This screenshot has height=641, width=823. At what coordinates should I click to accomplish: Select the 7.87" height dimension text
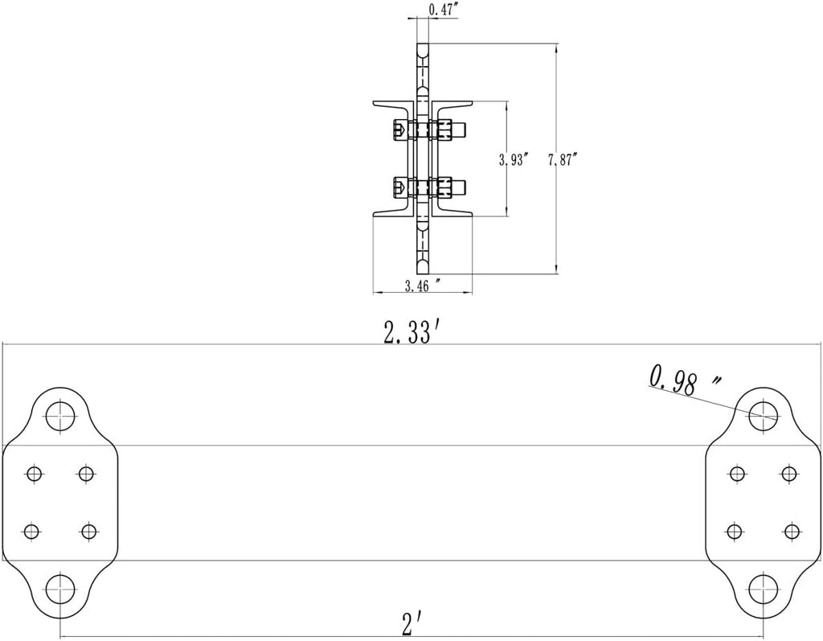563,160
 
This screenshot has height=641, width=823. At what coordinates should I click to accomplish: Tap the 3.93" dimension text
514,160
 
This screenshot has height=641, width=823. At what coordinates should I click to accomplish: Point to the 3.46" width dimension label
422,286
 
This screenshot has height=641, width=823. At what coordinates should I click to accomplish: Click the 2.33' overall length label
407,333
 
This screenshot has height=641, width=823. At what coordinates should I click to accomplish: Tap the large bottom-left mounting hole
61,590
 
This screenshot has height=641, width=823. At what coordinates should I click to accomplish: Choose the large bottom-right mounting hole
763,590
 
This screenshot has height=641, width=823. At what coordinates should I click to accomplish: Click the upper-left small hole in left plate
35,474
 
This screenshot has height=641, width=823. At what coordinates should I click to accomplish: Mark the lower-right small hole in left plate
88,531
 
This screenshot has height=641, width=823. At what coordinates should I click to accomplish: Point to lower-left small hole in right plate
735,531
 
